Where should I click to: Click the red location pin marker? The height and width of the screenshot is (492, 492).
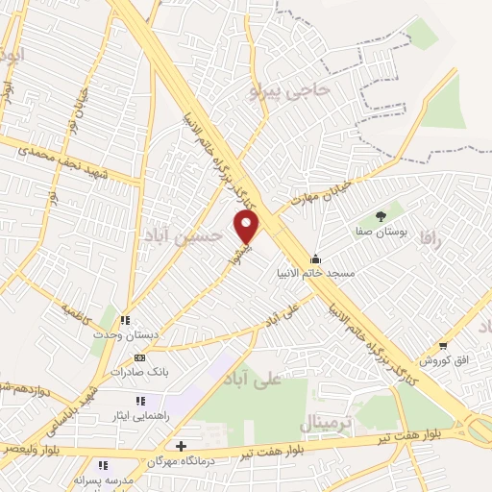click(248, 228)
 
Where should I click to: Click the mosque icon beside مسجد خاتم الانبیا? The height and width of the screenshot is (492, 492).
click(314, 258)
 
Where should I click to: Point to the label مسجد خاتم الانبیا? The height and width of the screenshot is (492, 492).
click(341, 274)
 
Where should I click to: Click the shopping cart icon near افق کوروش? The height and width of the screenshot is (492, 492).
click(443, 345)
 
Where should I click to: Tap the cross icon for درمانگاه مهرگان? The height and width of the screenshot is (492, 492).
click(181, 446)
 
